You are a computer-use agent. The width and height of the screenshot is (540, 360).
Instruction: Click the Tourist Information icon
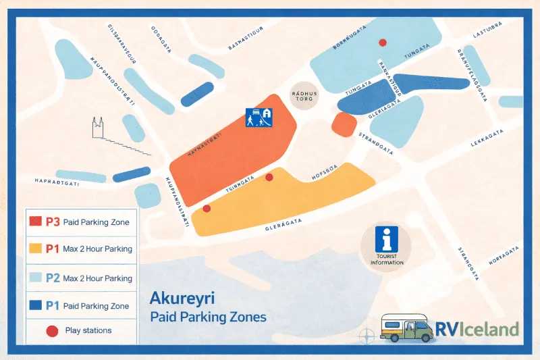coord(387,240)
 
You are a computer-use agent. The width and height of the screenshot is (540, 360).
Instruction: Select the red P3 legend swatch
coord(35,222)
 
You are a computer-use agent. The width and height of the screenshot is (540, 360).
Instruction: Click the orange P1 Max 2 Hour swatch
coord(35,249)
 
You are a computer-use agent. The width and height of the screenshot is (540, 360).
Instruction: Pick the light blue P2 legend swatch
coord(35,278)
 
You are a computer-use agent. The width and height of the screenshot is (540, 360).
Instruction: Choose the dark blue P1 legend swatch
coord(35,305)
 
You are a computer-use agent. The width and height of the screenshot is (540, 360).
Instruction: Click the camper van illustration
coord(406,329)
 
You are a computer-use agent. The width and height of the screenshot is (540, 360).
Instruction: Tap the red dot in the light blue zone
coord(383,43)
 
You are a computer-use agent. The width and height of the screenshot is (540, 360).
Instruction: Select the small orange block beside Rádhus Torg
coord(345,124)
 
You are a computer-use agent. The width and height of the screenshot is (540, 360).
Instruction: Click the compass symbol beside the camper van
coord(367,334)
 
